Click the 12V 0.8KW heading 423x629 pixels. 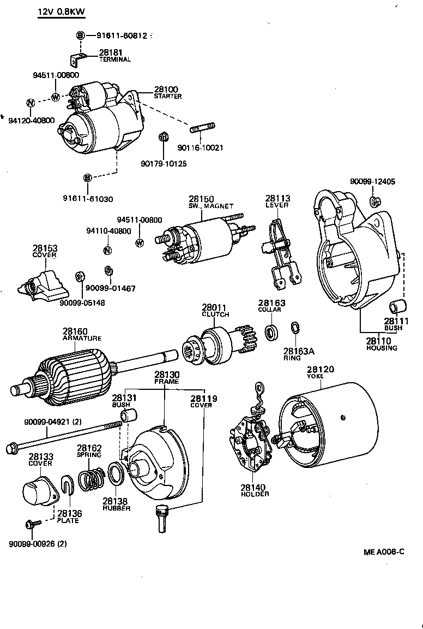(x=61, y=12)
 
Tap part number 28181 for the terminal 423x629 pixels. (x=108, y=53)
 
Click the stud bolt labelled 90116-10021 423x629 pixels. (x=202, y=129)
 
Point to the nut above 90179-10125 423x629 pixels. (x=162, y=137)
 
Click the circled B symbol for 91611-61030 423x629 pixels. (x=87, y=177)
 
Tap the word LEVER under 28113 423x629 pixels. (x=277, y=205)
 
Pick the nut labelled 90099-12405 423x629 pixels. (x=373, y=201)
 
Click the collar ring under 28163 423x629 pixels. (x=270, y=331)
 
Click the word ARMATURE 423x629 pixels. (x=82, y=338)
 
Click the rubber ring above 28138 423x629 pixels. (x=116, y=473)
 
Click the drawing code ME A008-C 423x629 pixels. (x=384, y=551)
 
